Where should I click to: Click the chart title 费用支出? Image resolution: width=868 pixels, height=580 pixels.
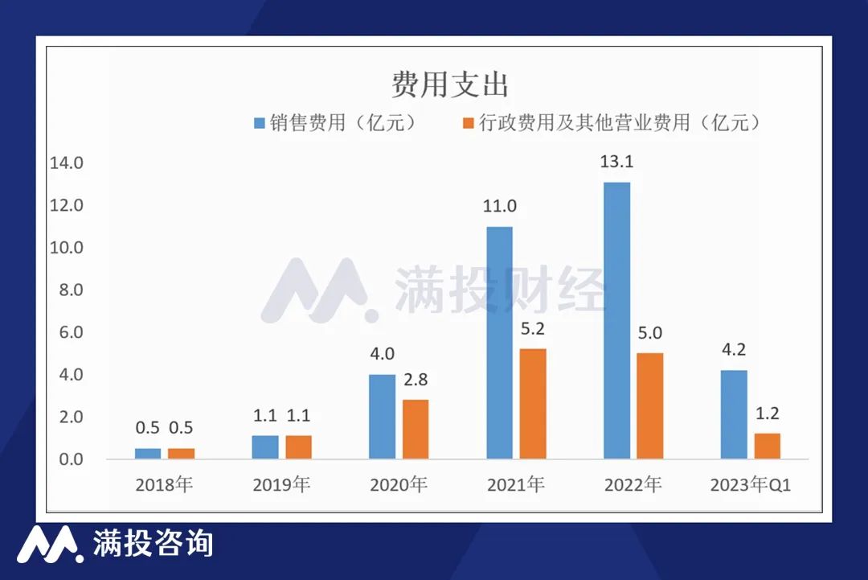[x=449, y=84]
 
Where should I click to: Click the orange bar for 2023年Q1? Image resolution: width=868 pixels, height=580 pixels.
[x=767, y=446]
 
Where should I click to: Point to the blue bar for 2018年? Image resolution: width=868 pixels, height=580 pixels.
[x=148, y=453]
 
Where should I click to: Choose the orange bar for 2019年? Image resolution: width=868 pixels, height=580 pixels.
[x=298, y=446]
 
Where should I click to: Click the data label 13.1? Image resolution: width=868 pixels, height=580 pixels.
[x=616, y=162]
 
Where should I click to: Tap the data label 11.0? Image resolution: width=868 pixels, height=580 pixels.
[x=499, y=206]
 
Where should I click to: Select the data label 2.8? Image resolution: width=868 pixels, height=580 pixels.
[x=416, y=379]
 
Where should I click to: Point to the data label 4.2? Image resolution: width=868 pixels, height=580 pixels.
[x=734, y=350]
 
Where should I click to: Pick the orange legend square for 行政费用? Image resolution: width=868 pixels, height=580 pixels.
[x=467, y=123]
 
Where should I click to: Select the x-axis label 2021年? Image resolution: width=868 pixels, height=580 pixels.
[x=515, y=485]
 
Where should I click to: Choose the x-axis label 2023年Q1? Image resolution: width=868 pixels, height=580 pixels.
[x=751, y=485]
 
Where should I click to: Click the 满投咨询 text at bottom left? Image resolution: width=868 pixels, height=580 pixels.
[x=153, y=543]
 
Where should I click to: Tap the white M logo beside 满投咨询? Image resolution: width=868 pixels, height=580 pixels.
[x=50, y=544]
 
